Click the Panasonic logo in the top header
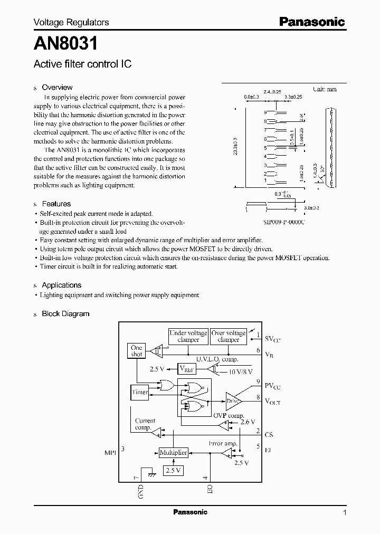point(311,22)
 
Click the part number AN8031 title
point(59,42)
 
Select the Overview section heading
point(57,88)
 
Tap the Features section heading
point(56,204)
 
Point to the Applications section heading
point(61,285)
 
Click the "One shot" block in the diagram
point(137,351)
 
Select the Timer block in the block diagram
point(140,393)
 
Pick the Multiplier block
point(173,453)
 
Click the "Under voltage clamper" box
point(188,336)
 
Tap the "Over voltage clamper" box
point(229,336)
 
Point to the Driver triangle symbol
point(233,402)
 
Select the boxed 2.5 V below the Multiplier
point(173,470)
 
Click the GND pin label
point(141,492)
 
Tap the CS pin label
point(269,435)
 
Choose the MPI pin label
point(110,453)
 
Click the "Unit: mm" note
point(324,90)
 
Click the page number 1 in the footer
point(345,512)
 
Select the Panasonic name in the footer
point(190,512)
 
